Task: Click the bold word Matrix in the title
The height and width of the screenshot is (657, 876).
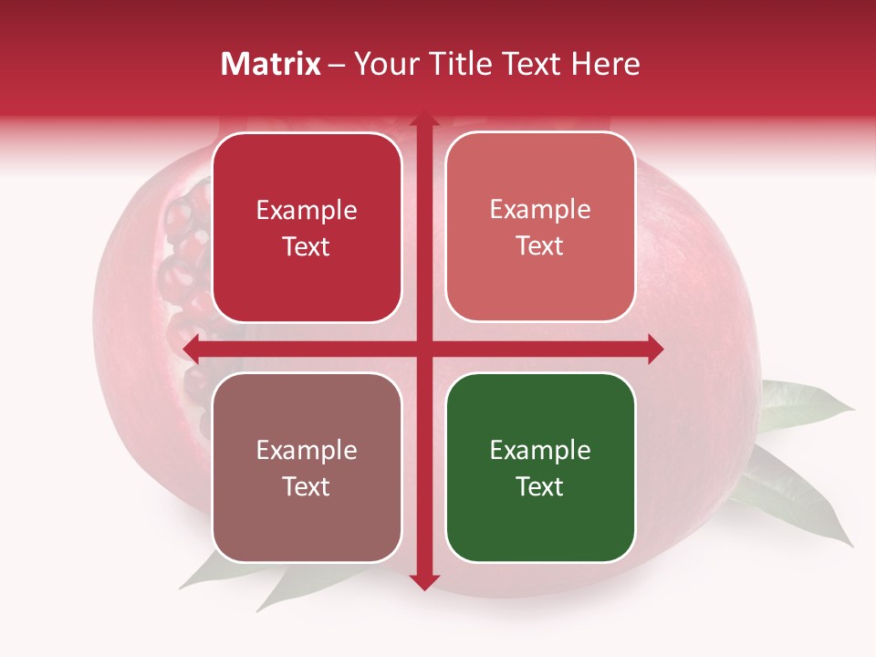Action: [x=271, y=64]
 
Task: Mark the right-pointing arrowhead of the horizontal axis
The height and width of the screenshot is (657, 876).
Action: [x=654, y=349]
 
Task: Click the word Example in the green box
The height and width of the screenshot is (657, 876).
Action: [x=540, y=450]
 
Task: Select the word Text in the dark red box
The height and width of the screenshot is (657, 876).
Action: [x=307, y=246]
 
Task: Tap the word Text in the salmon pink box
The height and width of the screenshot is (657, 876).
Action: [x=540, y=245]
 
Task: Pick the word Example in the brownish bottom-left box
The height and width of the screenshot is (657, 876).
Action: [x=307, y=450]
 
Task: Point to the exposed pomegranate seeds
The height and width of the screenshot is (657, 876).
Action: [x=182, y=265]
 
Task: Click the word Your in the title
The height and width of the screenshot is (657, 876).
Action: [x=383, y=64]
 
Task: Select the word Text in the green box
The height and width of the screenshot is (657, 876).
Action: [x=540, y=486]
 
